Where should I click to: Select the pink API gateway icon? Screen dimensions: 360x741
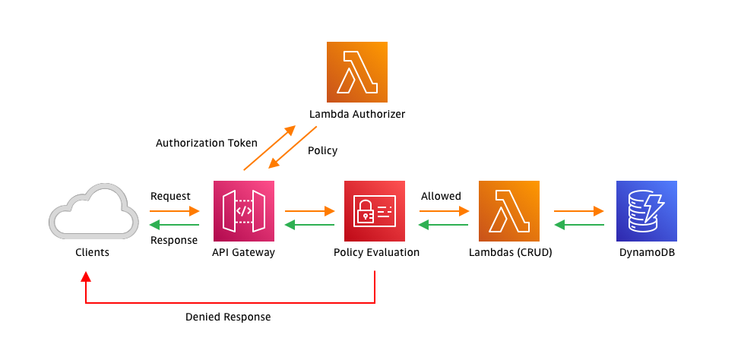pyautogui.click(x=244, y=211)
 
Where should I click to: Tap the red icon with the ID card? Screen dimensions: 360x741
pyautogui.click(x=375, y=211)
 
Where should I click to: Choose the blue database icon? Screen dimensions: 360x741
pyautogui.click(x=647, y=211)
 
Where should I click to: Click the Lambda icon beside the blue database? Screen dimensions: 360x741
pyautogui.click(x=509, y=211)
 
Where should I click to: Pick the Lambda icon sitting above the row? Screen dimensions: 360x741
pyautogui.click(x=357, y=72)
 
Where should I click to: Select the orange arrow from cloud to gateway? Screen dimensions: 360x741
pyautogui.click(x=175, y=210)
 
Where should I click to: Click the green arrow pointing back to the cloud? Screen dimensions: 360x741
pyautogui.click(x=174, y=225)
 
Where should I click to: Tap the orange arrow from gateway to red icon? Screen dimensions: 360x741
pyautogui.click(x=310, y=210)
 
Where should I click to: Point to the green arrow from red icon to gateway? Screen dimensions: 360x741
pyautogui.click(x=309, y=225)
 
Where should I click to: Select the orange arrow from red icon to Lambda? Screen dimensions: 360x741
pyautogui.click(x=445, y=210)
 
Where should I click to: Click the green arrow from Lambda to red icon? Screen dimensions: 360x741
pyautogui.click(x=444, y=225)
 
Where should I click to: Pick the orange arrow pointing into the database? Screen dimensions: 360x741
pyautogui.click(x=579, y=210)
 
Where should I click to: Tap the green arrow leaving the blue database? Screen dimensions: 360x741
pyautogui.click(x=579, y=225)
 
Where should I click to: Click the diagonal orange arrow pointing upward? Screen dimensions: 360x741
pyautogui.click(x=269, y=148)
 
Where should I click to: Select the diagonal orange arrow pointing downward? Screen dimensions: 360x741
pyautogui.click(x=293, y=147)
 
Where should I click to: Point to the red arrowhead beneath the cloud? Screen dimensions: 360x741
pyautogui.click(x=86, y=276)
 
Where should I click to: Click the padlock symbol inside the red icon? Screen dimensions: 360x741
pyautogui.click(x=366, y=213)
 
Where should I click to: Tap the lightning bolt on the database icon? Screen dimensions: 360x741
pyautogui.click(x=654, y=206)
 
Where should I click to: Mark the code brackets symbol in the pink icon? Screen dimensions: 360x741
pyautogui.click(x=244, y=211)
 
